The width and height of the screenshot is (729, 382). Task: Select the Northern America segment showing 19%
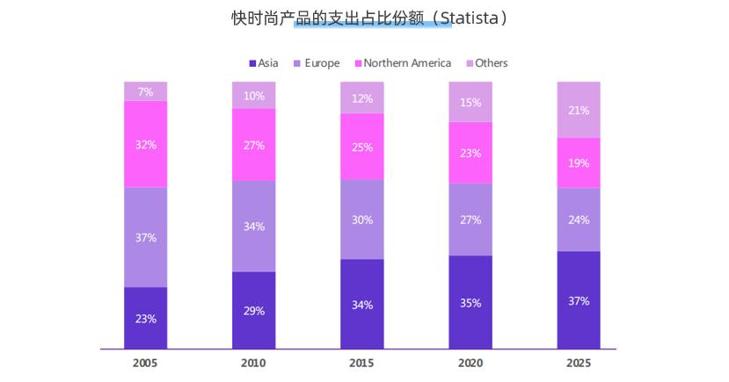tap(579, 162)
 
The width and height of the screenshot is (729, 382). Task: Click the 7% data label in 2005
tap(145, 91)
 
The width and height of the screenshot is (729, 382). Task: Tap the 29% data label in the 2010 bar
tap(254, 311)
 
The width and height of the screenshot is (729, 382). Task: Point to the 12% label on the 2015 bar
tap(362, 98)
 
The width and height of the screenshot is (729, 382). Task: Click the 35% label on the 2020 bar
tap(470, 303)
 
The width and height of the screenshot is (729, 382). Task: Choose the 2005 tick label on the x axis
tap(145, 363)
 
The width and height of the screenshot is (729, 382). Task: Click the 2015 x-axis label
tap(362, 363)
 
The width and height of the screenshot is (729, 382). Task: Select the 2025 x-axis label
tap(579, 363)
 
